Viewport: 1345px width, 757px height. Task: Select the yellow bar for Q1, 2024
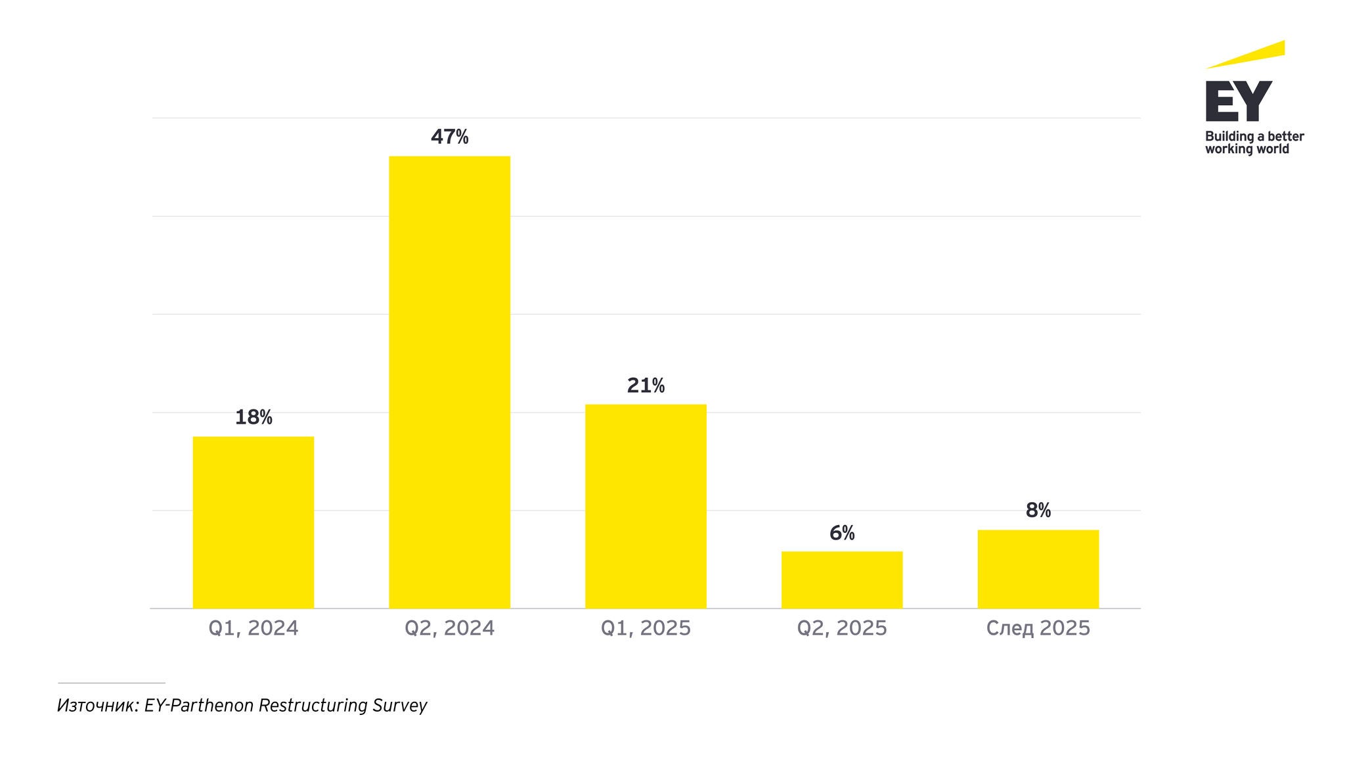coord(253,522)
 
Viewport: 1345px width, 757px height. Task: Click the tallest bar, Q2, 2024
coord(449,382)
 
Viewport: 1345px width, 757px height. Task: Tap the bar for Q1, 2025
coord(646,506)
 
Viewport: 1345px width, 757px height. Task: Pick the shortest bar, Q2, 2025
coord(841,580)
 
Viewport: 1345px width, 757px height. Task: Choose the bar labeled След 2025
coord(1038,568)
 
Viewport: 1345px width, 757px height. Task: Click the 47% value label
coord(449,137)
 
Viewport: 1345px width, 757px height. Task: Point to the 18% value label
coord(254,417)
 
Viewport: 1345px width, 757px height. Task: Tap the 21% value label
coord(646,386)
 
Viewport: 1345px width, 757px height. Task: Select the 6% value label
coord(842,533)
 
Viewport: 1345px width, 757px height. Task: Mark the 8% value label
coord(1038,511)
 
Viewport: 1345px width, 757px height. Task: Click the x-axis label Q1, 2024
coord(253,628)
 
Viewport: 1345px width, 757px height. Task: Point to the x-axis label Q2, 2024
coord(449,628)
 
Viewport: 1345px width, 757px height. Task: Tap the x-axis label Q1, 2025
coord(646,628)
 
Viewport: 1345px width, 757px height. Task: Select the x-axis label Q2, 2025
coord(841,628)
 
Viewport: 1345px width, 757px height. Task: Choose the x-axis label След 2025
coord(1038,628)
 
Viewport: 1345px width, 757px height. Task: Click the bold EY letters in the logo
coord(1239,101)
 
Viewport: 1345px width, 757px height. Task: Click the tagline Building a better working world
coord(1254,143)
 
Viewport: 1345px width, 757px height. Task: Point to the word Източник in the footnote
coord(98,706)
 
